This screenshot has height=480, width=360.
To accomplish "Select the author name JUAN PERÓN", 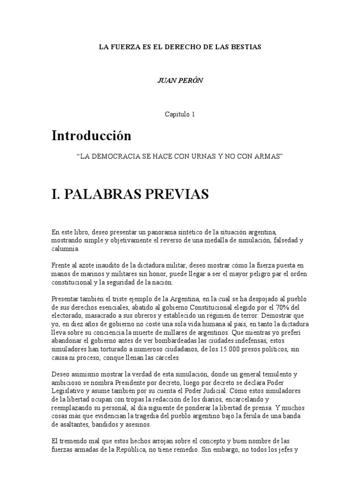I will click(180, 80).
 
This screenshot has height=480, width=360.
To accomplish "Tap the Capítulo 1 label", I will click(180, 113).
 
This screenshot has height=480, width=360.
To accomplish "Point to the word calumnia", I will click(65, 249).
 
